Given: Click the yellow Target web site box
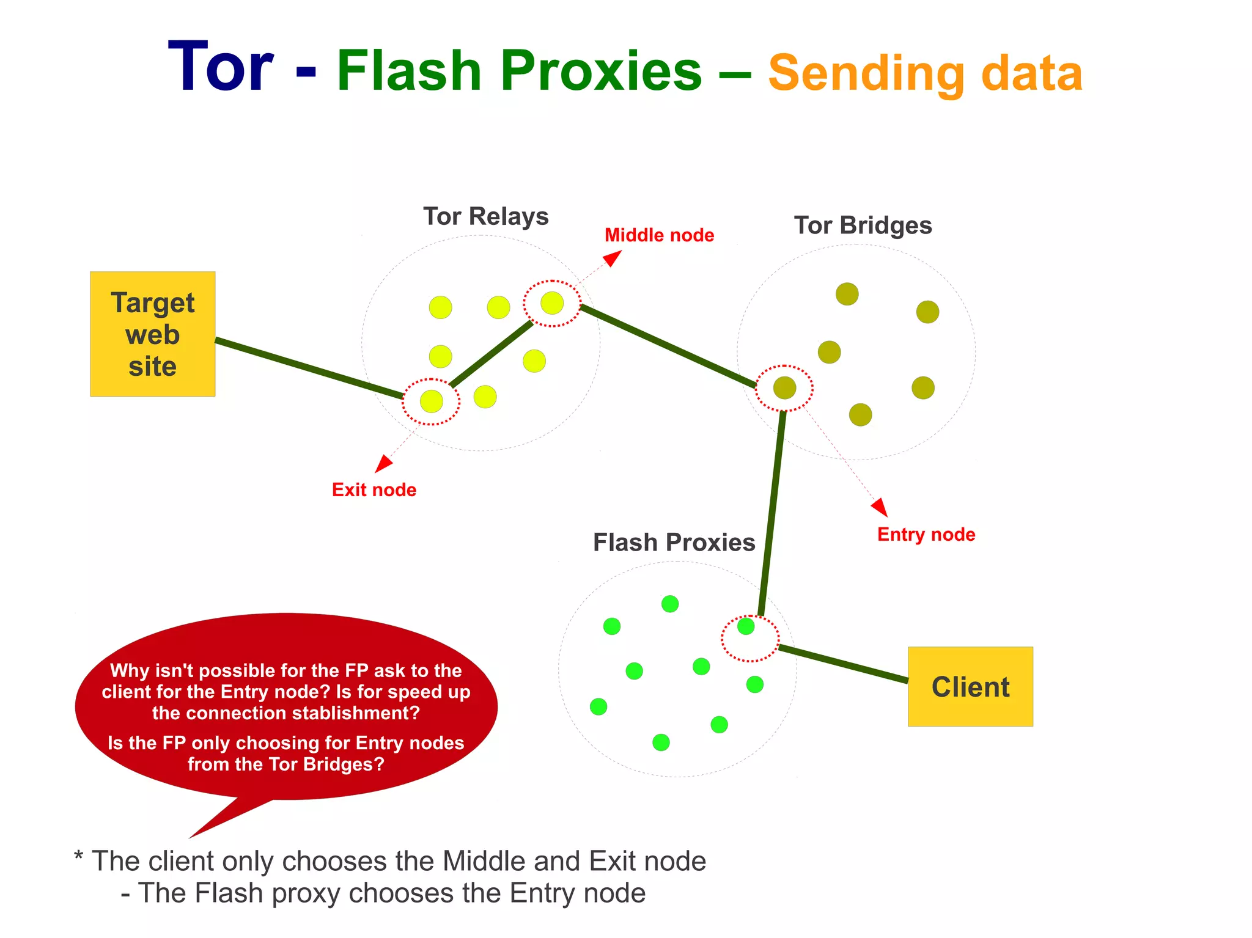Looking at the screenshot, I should coord(152,334).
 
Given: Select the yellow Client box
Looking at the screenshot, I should coord(970,686).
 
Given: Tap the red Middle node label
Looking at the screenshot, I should coord(659,235).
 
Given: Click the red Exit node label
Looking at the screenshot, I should coord(374,489).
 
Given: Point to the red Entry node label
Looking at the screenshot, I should coord(926,535).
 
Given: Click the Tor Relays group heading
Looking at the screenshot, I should coord(486,216).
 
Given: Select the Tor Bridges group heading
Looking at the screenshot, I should coord(863,225).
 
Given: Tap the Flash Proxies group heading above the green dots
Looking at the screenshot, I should coord(674,543).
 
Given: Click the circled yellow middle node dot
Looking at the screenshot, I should coord(552,303).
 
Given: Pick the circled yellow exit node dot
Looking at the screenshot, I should coord(432,401).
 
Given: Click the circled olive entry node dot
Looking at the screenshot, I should coord(784,387).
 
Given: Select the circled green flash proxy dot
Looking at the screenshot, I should coord(746,626).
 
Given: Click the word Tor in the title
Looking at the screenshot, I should coord(221,67).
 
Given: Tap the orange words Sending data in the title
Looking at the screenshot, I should coord(925,73).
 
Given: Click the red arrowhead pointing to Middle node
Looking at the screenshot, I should coord(613,258).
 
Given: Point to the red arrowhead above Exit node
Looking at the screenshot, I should coord(383,463).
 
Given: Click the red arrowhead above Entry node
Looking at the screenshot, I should coord(880,507).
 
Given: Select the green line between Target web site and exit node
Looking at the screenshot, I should coord(309,368).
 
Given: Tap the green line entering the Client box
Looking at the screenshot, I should coord(844,664).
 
